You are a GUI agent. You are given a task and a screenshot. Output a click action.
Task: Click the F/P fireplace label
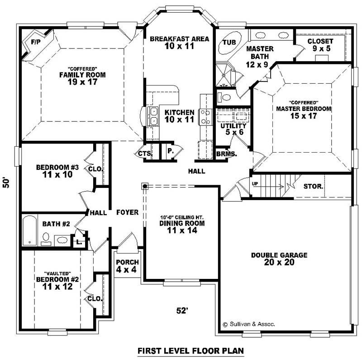point(35,42)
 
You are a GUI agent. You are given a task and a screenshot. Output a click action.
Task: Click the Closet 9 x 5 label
point(320,45)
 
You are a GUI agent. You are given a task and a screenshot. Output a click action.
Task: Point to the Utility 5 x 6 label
point(233,129)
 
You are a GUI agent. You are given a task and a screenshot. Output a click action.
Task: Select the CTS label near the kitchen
point(144,154)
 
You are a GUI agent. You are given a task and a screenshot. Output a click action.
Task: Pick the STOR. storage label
point(313,186)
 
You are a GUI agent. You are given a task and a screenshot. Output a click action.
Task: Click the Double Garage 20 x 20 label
point(279,259)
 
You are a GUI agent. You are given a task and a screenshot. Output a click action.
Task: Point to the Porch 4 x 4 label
point(127,266)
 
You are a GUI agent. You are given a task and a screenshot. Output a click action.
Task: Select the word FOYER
point(127,212)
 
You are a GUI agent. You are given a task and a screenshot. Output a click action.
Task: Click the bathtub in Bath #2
point(30,230)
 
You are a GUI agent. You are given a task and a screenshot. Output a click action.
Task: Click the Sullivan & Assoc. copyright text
point(248,324)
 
